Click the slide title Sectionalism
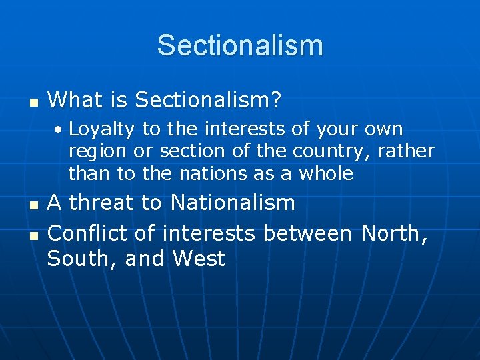tap(240, 46)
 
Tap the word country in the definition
tap(331, 151)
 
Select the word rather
tap(406, 151)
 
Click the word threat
tap(105, 203)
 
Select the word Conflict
tap(85, 233)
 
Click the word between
tap(307, 233)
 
